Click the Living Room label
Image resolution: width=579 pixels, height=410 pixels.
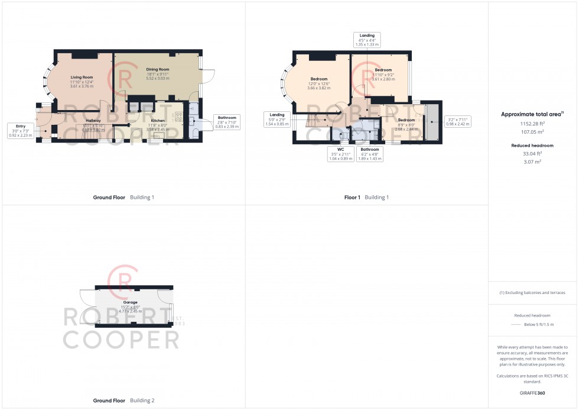82,78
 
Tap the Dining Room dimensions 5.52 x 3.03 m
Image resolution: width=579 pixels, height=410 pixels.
157,78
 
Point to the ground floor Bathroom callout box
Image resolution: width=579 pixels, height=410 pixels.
226,122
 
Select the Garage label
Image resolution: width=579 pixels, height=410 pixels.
131,302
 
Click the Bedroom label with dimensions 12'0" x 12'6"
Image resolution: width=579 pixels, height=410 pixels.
319,79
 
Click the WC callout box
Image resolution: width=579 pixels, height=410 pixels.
340,154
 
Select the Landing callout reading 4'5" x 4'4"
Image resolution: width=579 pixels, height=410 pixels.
367,40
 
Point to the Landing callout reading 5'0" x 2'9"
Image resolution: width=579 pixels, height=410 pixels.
277,119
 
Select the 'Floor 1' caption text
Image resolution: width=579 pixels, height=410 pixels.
352,197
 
